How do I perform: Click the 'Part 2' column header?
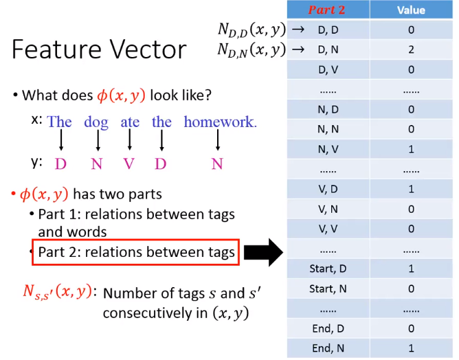326,10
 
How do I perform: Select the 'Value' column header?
411,10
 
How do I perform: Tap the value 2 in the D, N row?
412,49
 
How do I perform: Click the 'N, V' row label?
328,149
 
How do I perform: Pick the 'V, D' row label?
328,189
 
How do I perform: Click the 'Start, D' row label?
328,269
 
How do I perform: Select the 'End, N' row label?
328,348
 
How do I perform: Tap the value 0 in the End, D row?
412,328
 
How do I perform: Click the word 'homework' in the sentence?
219,122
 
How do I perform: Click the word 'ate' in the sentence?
130,122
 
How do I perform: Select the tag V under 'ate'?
128,164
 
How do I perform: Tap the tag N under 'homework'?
217,164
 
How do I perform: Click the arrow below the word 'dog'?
98,140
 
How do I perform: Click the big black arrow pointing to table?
263,252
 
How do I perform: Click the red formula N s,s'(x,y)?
58,292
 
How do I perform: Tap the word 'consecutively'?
148,313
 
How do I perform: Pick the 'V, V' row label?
328,229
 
